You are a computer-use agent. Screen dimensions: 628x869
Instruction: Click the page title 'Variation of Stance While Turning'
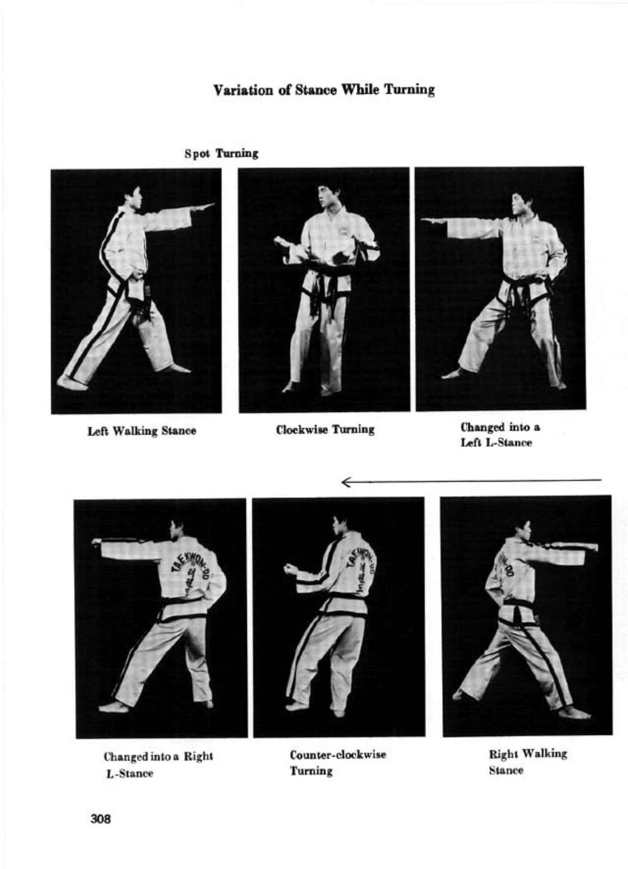coord(324,90)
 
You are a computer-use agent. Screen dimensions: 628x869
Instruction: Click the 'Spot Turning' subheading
coord(222,153)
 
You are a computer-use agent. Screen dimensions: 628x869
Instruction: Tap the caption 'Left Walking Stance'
coord(141,431)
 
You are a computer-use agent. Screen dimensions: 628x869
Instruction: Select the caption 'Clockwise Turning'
coord(326,430)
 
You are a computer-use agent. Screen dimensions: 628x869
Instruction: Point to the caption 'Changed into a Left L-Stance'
coord(500,435)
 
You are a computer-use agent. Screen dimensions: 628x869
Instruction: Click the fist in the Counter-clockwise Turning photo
coord(290,570)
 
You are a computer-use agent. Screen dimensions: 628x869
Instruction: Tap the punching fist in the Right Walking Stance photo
coord(592,547)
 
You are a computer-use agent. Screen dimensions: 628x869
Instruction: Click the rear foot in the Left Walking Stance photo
coord(73,382)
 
